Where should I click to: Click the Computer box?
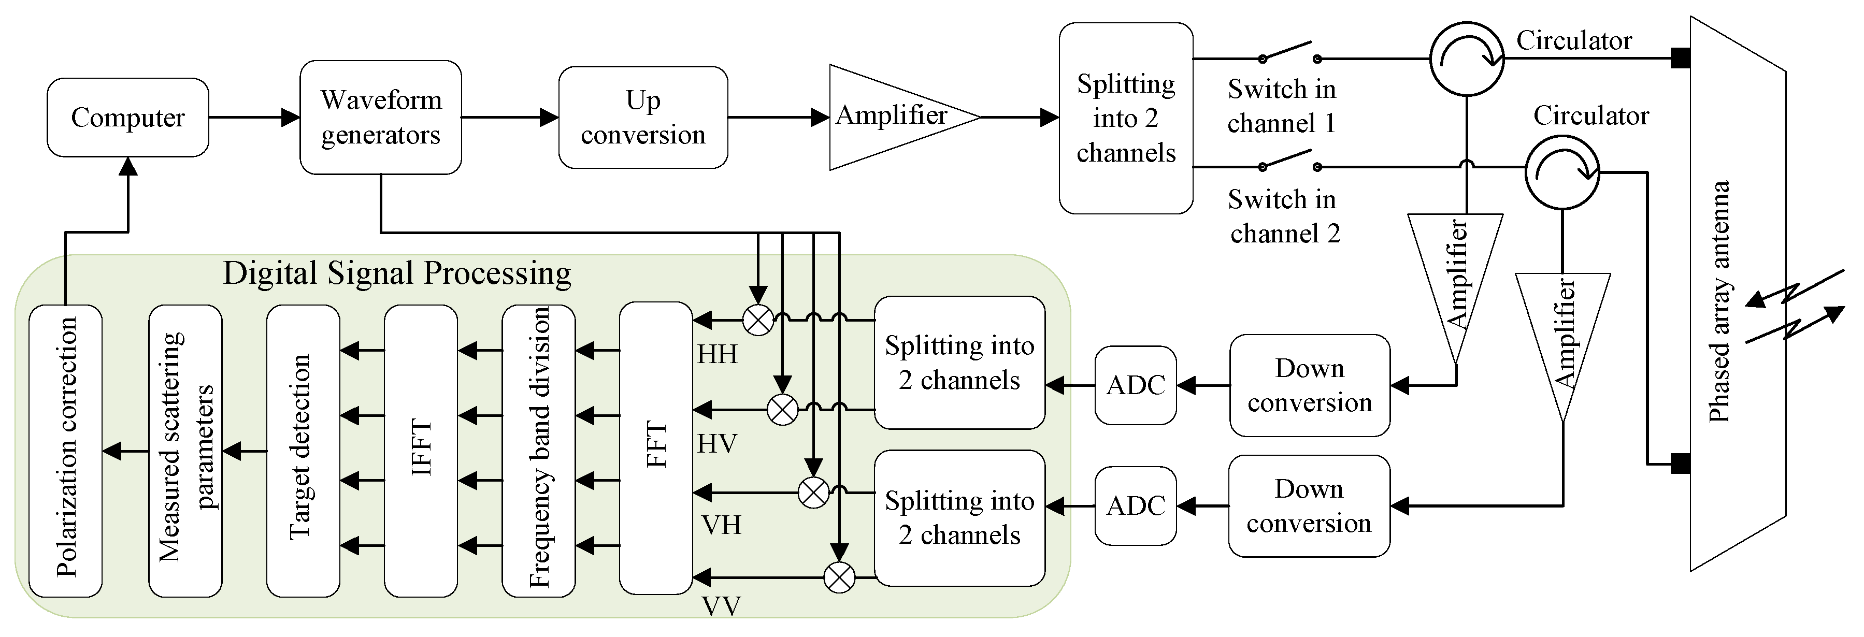click(x=128, y=117)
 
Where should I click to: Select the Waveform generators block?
click(x=381, y=117)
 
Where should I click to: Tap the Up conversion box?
click(x=642, y=117)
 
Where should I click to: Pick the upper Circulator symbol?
click(x=1467, y=59)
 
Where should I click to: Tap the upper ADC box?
click(x=1135, y=385)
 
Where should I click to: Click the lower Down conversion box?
click(x=1308, y=505)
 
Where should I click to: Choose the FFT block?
click(x=655, y=447)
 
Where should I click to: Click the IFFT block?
click(x=421, y=450)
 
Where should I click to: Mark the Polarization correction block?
click(x=65, y=450)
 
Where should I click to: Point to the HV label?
click(x=717, y=443)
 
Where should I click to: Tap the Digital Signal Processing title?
click(x=396, y=274)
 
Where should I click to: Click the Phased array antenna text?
click(x=1718, y=301)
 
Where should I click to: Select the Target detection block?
click(x=303, y=450)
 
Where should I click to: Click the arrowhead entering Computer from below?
click(x=128, y=167)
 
